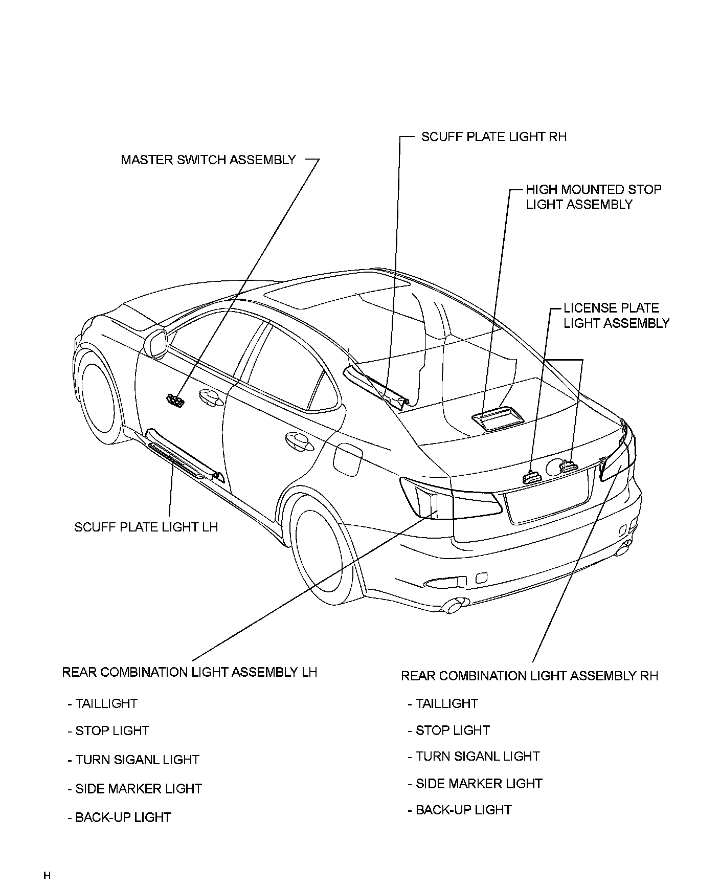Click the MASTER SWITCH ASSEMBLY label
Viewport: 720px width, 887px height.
[x=208, y=160]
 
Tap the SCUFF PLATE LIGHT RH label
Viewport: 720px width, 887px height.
[x=493, y=137]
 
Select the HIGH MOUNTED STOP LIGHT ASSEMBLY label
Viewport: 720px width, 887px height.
[x=593, y=197]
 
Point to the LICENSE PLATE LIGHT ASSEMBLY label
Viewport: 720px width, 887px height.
[x=616, y=316]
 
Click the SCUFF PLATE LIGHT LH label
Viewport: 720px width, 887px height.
[x=146, y=527]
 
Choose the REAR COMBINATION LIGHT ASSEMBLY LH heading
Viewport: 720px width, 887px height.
[x=189, y=672]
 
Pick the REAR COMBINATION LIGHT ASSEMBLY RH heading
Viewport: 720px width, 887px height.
[x=529, y=676]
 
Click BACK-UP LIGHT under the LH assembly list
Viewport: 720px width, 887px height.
[x=122, y=817]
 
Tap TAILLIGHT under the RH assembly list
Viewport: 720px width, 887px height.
[x=446, y=703]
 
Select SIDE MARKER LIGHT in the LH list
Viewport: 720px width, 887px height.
[x=138, y=789]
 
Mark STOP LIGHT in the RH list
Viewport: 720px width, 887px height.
[x=452, y=730]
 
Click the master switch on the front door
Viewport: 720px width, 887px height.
[x=175, y=401]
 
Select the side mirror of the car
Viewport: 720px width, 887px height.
[x=156, y=343]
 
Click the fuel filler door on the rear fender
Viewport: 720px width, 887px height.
[x=347, y=458]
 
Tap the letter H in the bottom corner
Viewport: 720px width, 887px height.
[x=47, y=876]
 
